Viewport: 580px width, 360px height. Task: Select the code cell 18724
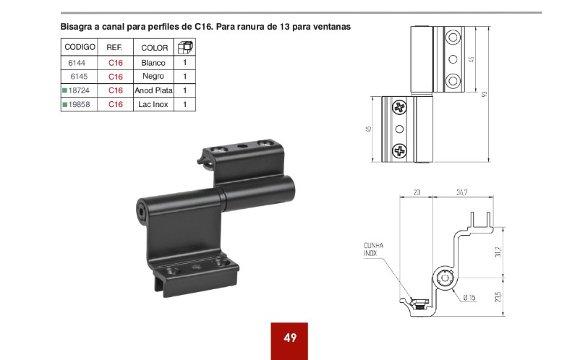coord(79,90)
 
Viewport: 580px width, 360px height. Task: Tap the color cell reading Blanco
coord(153,63)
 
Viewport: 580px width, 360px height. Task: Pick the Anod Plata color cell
coord(153,90)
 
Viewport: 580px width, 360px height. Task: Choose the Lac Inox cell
coord(153,105)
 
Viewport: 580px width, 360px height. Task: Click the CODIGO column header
coord(80,47)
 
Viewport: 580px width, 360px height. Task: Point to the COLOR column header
coord(155,48)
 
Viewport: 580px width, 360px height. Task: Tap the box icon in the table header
coord(185,48)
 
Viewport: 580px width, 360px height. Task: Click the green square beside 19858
coord(65,105)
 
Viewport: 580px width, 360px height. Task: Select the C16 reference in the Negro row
coord(116,77)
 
